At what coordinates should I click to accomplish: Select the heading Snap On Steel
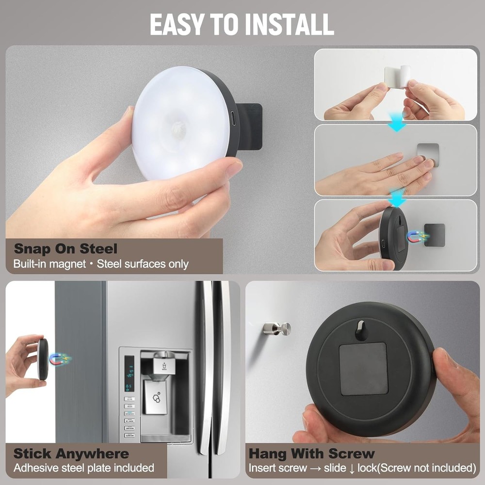tap(65, 249)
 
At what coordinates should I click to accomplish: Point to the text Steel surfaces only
tap(143, 264)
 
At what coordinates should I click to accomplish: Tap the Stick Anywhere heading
tap(71, 454)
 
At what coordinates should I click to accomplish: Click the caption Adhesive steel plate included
tap(83, 468)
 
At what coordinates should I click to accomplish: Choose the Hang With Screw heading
tap(311, 454)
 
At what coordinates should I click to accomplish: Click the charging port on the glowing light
tap(233, 118)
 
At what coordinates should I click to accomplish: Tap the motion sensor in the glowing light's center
tap(178, 128)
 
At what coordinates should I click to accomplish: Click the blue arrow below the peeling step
tap(397, 125)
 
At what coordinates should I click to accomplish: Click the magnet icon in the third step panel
tap(417, 237)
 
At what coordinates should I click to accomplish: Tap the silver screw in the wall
tap(278, 328)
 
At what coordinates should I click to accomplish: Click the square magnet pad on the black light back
tap(363, 369)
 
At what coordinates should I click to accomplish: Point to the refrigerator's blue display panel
tap(129, 374)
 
